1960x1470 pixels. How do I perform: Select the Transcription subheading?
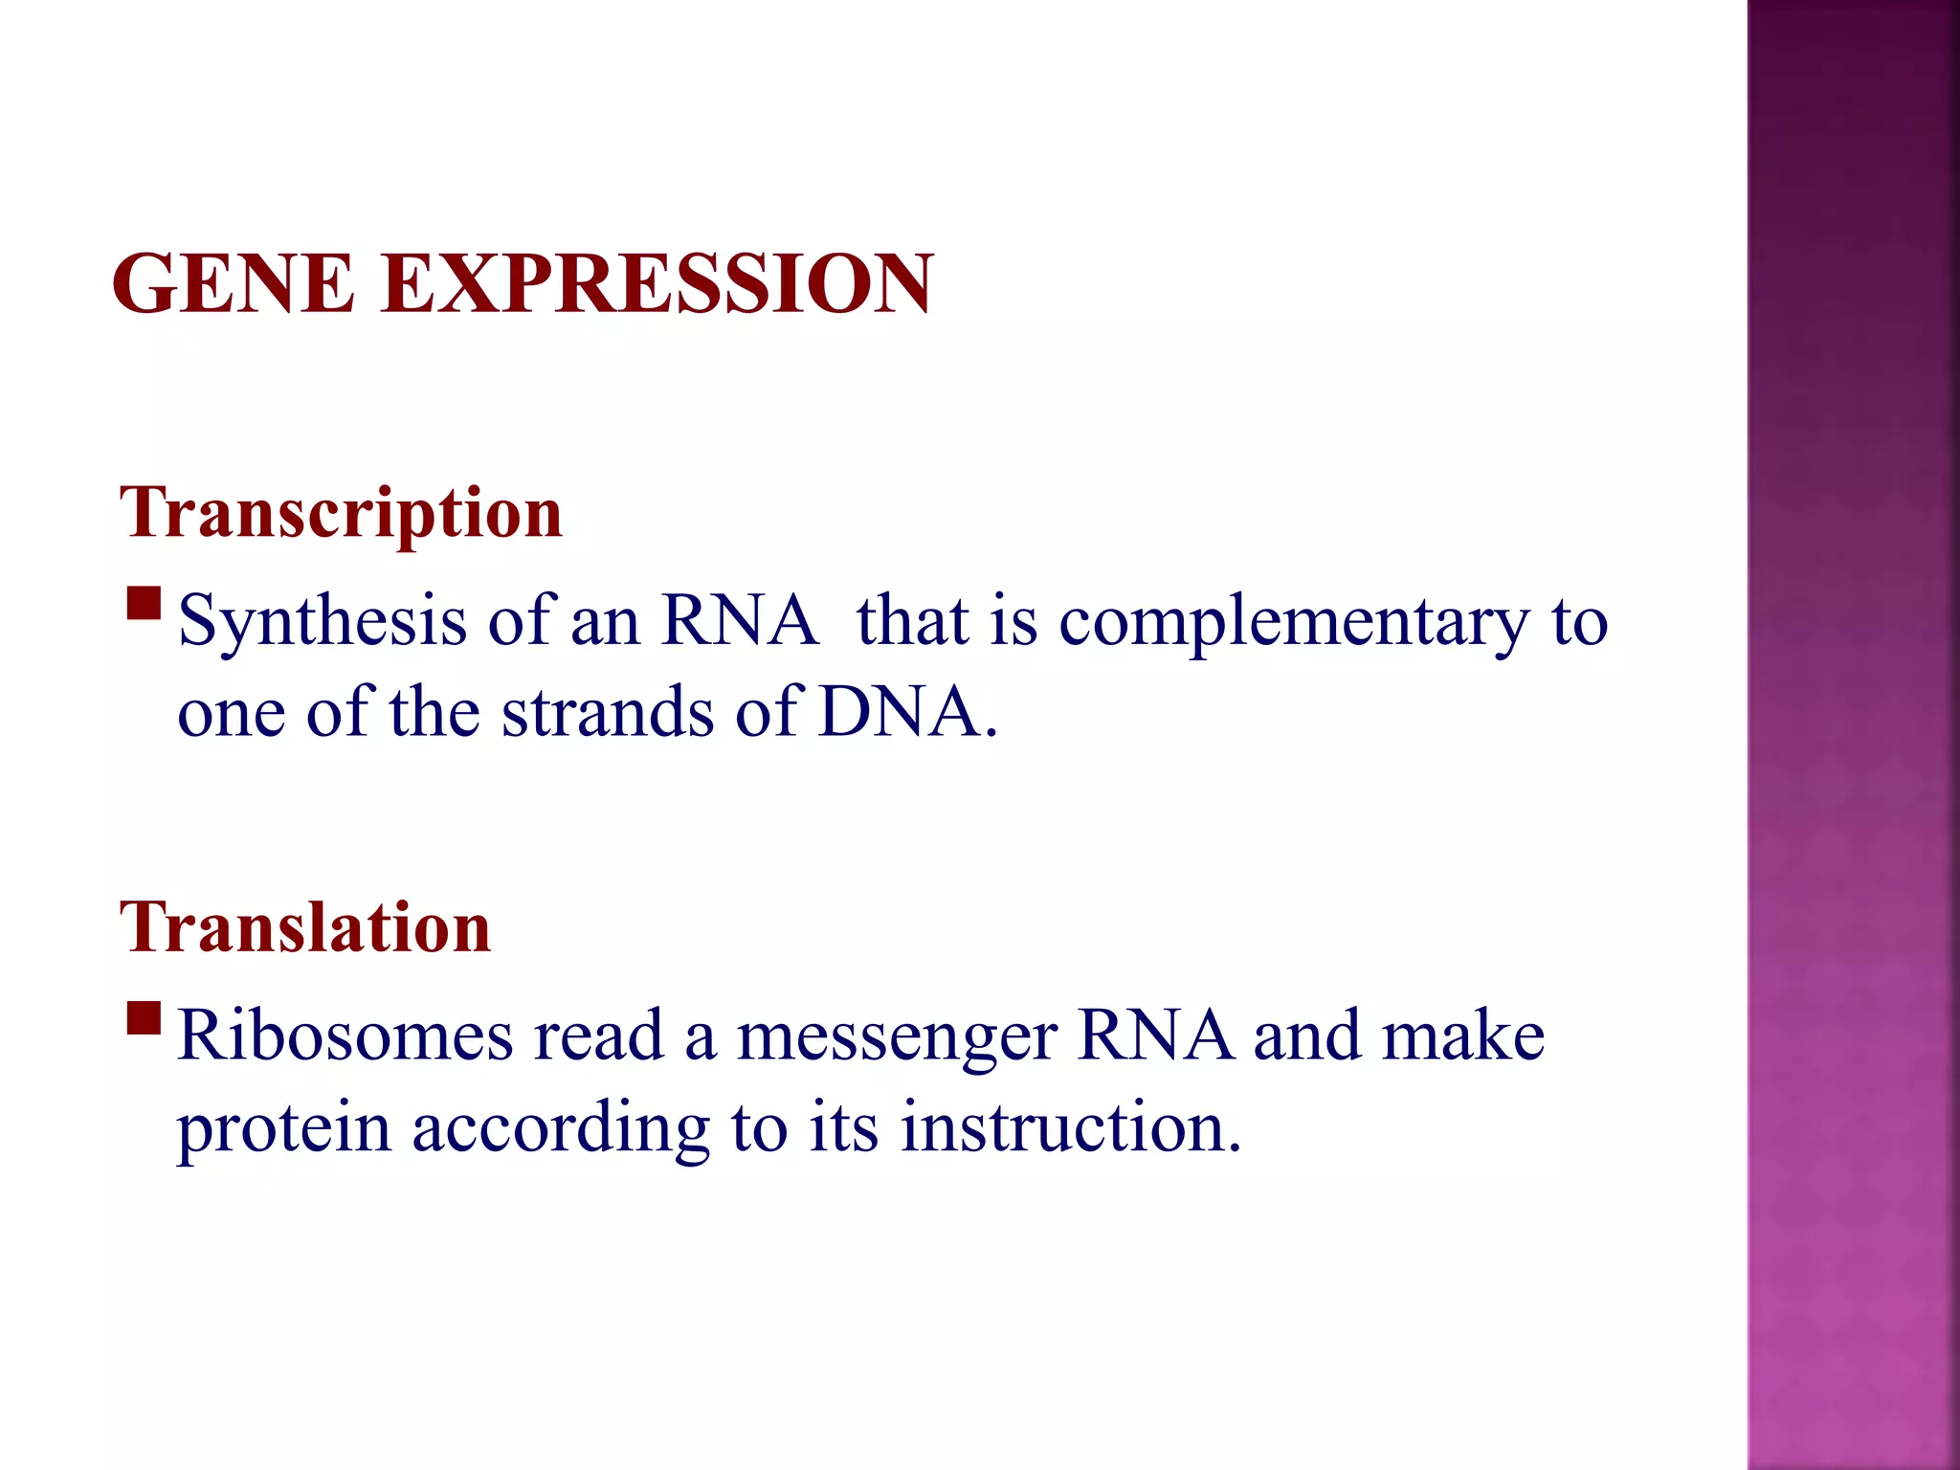341,514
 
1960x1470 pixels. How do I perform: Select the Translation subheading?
305,928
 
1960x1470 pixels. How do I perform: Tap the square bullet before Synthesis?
144,605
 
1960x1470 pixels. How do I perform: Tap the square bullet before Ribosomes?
144,1019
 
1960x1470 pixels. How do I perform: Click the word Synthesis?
323,622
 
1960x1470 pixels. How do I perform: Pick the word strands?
608,713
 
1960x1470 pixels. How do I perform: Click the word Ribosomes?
345,1036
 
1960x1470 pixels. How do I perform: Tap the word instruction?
1070,1127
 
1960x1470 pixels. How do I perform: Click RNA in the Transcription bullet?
739,622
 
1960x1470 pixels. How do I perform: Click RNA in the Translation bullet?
1154,1036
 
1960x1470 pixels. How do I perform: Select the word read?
598,1036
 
